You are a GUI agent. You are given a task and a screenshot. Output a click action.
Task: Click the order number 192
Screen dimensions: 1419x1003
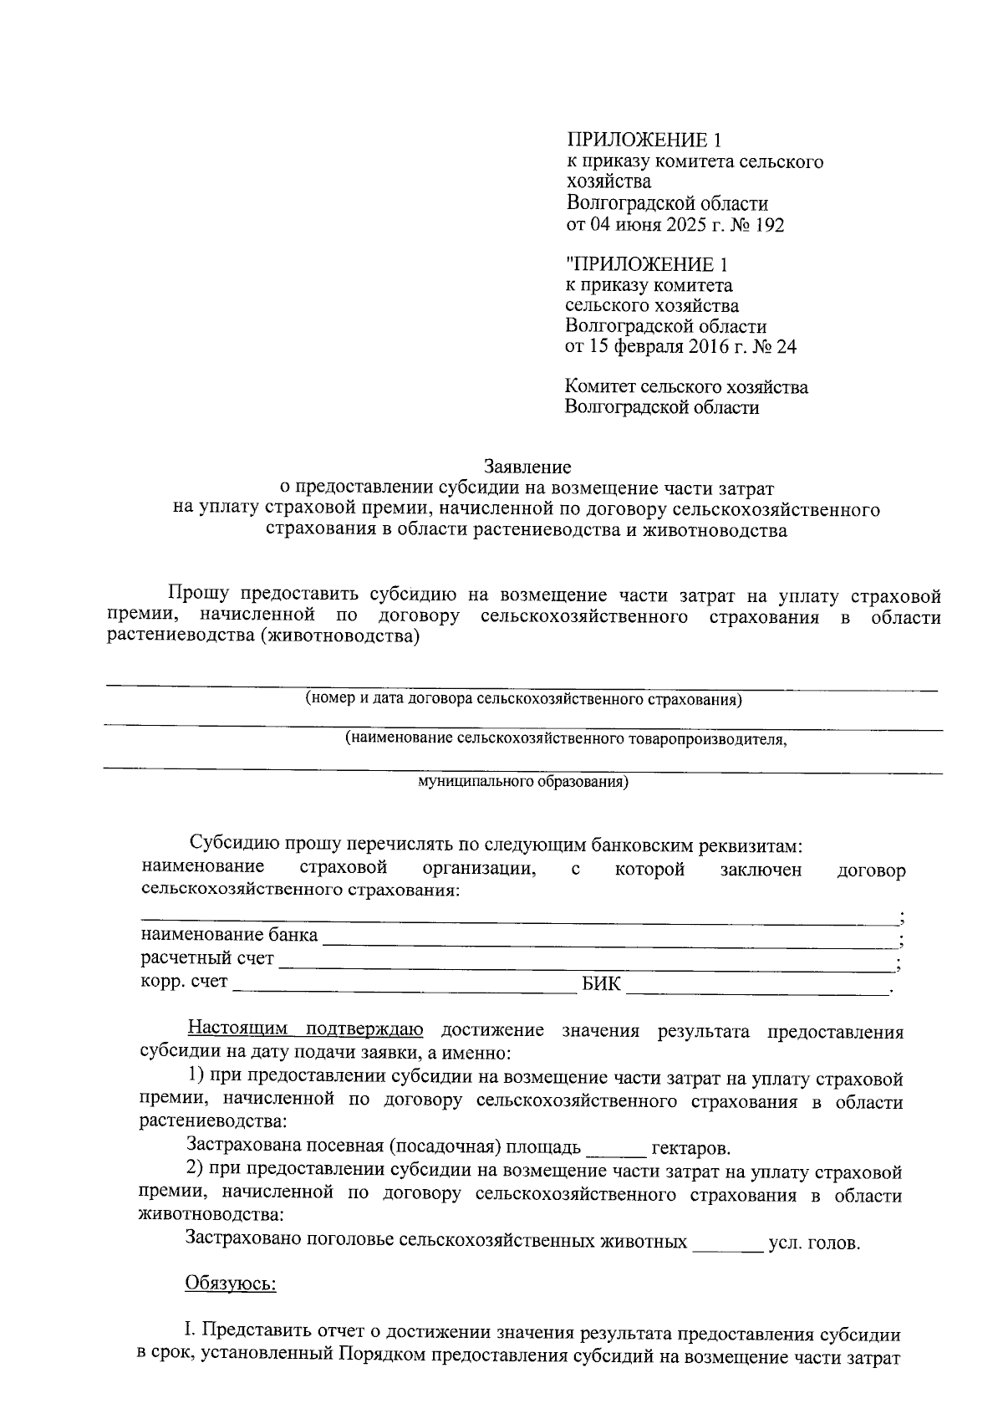pyautogui.click(x=768, y=225)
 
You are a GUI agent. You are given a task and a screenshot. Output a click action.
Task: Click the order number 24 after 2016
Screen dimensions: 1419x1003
pyautogui.click(x=786, y=348)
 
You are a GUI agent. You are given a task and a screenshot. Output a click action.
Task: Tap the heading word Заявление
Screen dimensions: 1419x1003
pyautogui.click(x=527, y=466)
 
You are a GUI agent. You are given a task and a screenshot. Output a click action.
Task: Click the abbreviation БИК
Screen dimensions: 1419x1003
pyautogui.click(x=602, y=983)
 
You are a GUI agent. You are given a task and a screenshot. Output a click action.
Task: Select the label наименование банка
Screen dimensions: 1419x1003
pyautogui.click(x=230, y=935)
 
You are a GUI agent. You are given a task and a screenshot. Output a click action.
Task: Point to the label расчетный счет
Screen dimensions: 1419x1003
pyautogui.click(x=207, y=958)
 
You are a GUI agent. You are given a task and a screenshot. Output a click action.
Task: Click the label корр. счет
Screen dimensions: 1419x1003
pyautogui.click(x=184, y=982)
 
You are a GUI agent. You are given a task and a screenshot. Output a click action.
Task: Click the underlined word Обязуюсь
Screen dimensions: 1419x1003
pyautogui.click(x=231, y=1284)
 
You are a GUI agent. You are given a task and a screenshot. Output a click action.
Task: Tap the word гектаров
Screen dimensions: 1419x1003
pyautogui.click(x=690, y=1149)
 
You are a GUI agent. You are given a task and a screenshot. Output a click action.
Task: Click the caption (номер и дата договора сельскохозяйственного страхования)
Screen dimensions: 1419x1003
pyautogui.click(x=523, y=699)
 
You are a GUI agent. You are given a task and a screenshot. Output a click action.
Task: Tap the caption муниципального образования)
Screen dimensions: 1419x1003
pyautogui.click(x=522, y=782)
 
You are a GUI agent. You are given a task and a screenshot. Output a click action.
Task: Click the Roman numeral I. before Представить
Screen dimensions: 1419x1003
pyautogui.click(x=189, y=1330)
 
